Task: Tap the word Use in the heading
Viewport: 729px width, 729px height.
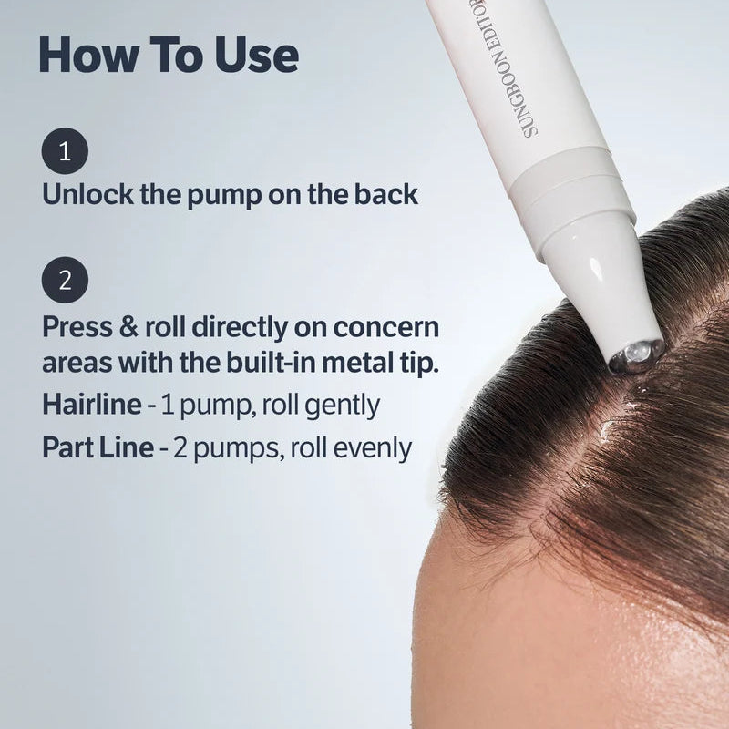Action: pos(257,55)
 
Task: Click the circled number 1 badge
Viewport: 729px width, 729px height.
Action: pos(65,151)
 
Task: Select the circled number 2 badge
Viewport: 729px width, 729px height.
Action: pos(65,280)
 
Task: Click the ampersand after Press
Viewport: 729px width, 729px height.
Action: pos(128,327)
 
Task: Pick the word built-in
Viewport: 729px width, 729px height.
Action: pos(272,363)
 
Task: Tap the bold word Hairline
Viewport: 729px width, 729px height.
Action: pos(92,405)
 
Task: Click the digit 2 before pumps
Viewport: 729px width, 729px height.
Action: pos(180,447)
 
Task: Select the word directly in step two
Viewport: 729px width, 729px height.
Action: pos(240,329)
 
